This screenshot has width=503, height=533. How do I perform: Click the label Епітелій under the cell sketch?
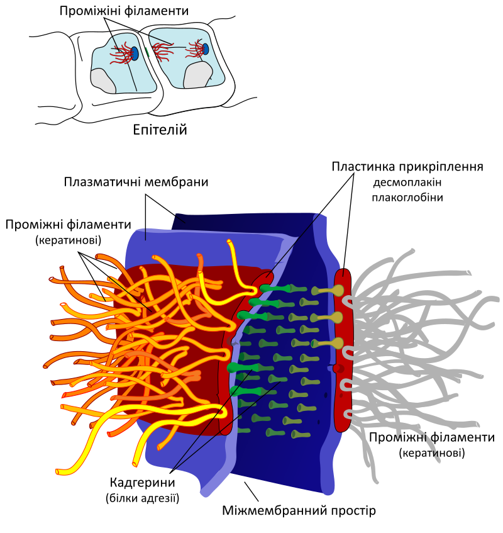[160, 130]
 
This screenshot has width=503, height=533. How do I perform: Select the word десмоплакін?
[407, 182]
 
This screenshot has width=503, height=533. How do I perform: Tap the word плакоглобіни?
[407, 198]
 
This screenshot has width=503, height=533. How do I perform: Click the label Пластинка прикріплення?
[407, 167]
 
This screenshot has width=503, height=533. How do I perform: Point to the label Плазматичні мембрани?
[136, 182]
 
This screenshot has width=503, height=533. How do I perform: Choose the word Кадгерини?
[142, 483]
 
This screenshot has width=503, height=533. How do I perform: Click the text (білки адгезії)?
[142, 498]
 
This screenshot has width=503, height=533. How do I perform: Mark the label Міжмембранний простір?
[299, 510]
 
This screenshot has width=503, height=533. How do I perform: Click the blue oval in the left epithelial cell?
[135, 53]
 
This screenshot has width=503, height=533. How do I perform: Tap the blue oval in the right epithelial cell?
[206, 49]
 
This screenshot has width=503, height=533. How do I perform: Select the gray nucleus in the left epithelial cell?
[103, 81]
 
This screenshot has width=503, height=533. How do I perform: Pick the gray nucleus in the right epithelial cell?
[197, 75]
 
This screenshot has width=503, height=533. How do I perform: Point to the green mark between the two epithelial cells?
[147, 52]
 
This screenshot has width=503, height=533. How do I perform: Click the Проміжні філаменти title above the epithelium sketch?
[124, 11]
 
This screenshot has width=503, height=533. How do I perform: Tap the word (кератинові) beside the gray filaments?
[432, 453]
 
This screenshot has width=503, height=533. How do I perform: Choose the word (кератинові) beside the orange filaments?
[69, 240]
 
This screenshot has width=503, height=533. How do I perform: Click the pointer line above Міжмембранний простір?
[251, 491]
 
